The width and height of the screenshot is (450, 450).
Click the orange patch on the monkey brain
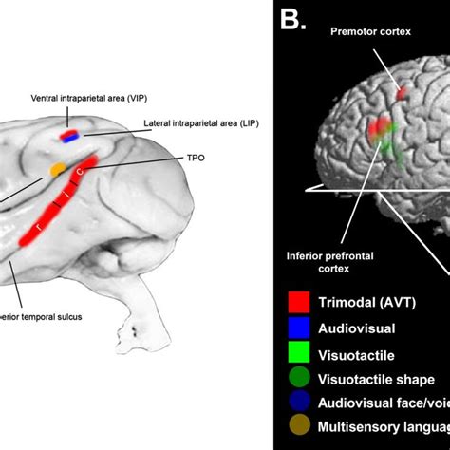58,170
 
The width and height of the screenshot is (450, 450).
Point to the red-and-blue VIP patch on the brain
70,136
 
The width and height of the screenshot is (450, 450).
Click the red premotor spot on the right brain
402,93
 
